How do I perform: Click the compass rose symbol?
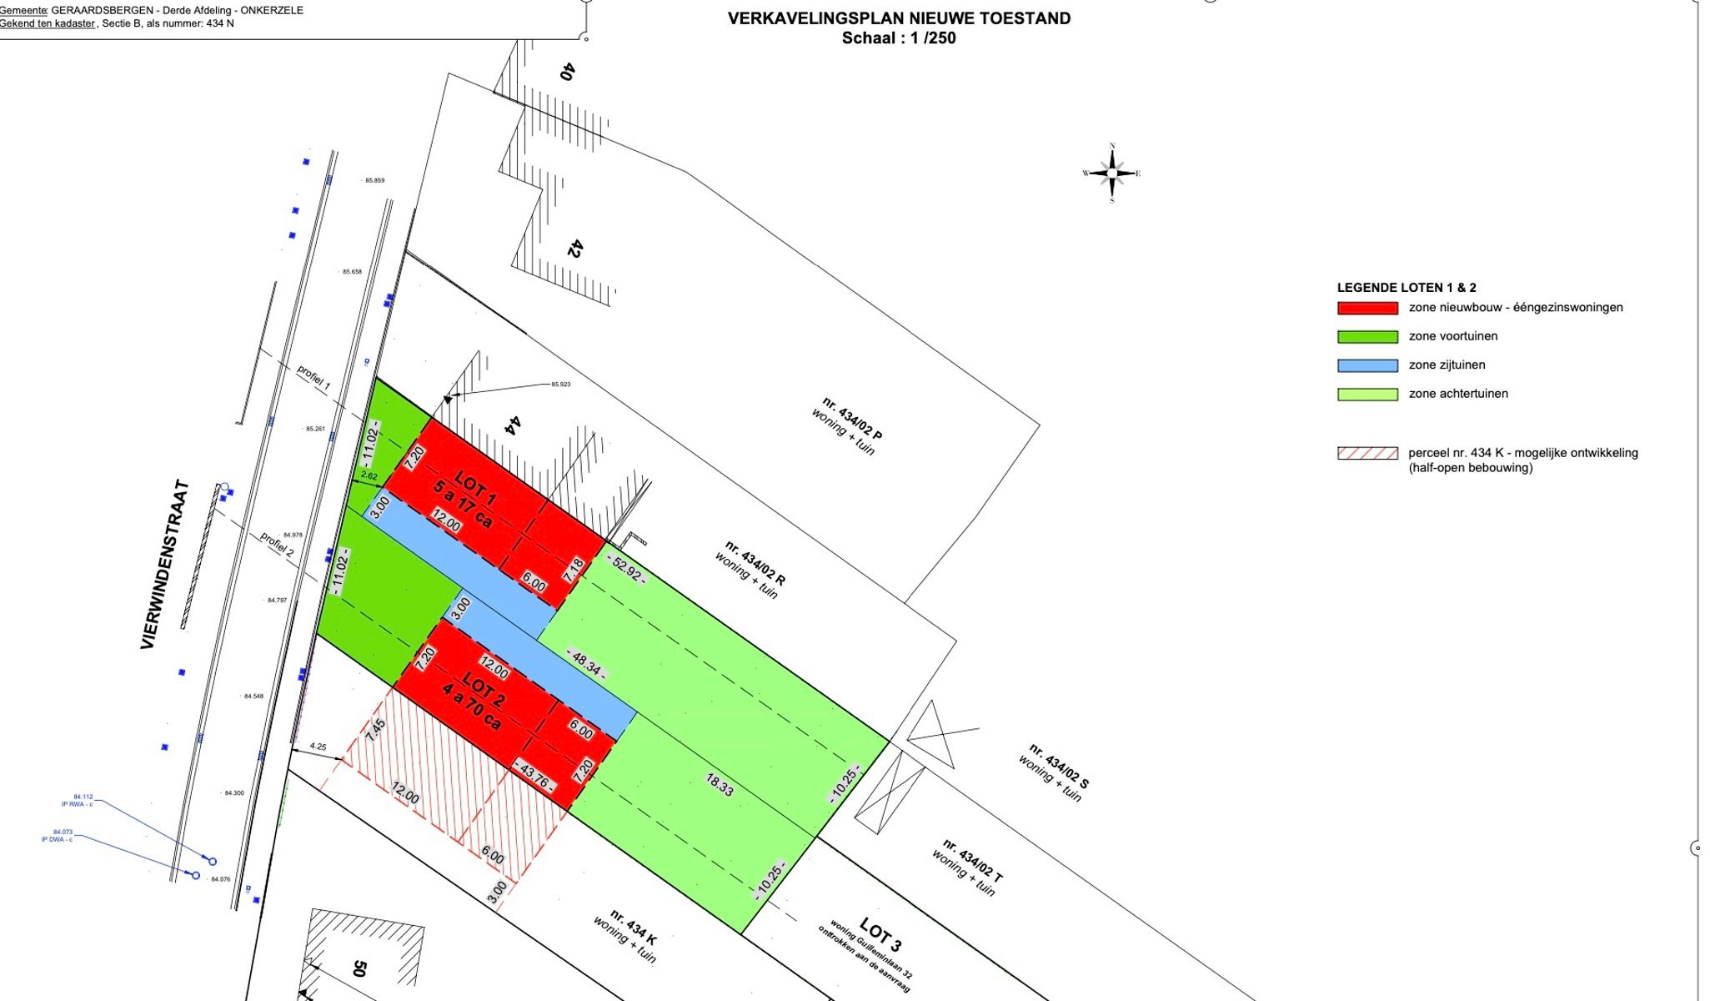[x=1111, y=174]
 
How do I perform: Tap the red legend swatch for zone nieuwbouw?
[x=1367, y=308]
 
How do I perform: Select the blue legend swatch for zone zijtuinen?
[x=1367, y=365]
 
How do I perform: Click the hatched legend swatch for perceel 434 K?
[x=1367, y=453]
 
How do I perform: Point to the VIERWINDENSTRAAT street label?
[x=164, y=565]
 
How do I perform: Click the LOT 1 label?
[x=475, y=489]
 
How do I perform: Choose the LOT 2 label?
[x=484, y=689]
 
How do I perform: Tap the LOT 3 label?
[x=880, y=934]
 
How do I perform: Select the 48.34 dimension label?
[x=586, y=661]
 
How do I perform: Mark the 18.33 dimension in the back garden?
[x=720, y=784]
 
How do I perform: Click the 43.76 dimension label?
[x=534, y=775]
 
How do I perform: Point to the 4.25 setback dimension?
[x=318, y=747]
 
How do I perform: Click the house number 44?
[x=514, y=425]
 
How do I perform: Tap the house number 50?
[x=359, y=968]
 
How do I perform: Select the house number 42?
[x=574, y=248]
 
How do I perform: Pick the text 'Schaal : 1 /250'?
[x=898, y=38]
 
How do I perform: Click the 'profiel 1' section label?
[x=313, y=378]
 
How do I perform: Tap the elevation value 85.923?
[x=560, y=385]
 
